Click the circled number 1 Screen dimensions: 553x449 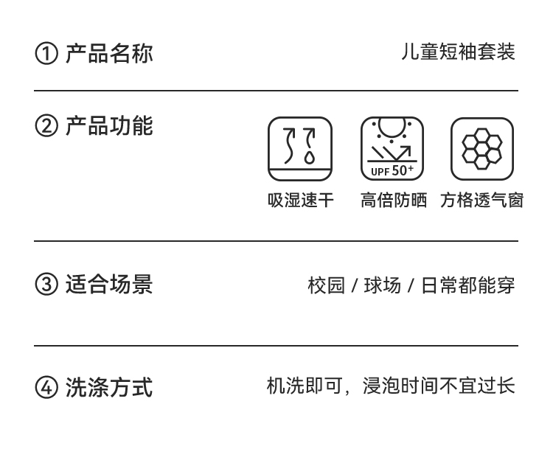tap(46, 54)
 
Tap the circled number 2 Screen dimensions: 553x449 tap(46, 127)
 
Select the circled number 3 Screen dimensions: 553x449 tap(46, 285)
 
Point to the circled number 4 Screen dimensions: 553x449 tap(46, 387)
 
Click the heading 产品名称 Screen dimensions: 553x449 tap(109, 53)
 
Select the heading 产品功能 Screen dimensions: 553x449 tap(109, 126)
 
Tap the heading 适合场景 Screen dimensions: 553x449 tap(109, 284)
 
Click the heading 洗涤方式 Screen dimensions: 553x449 tap(109, 386)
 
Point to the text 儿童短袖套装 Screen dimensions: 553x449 tap(458, 52)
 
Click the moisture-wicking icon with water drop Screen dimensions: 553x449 tap(300, 149)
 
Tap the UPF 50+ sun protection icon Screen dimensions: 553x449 tap(392, 149)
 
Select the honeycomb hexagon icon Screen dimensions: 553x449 tap(481, 149)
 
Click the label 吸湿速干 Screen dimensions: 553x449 tap(300, 201)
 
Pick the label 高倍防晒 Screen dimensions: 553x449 tap(393, 201)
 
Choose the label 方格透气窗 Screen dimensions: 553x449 tap(481, 201)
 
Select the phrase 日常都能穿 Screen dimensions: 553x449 tap(467, 285)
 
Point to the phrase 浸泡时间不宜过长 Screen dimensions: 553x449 tap(438, 386)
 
